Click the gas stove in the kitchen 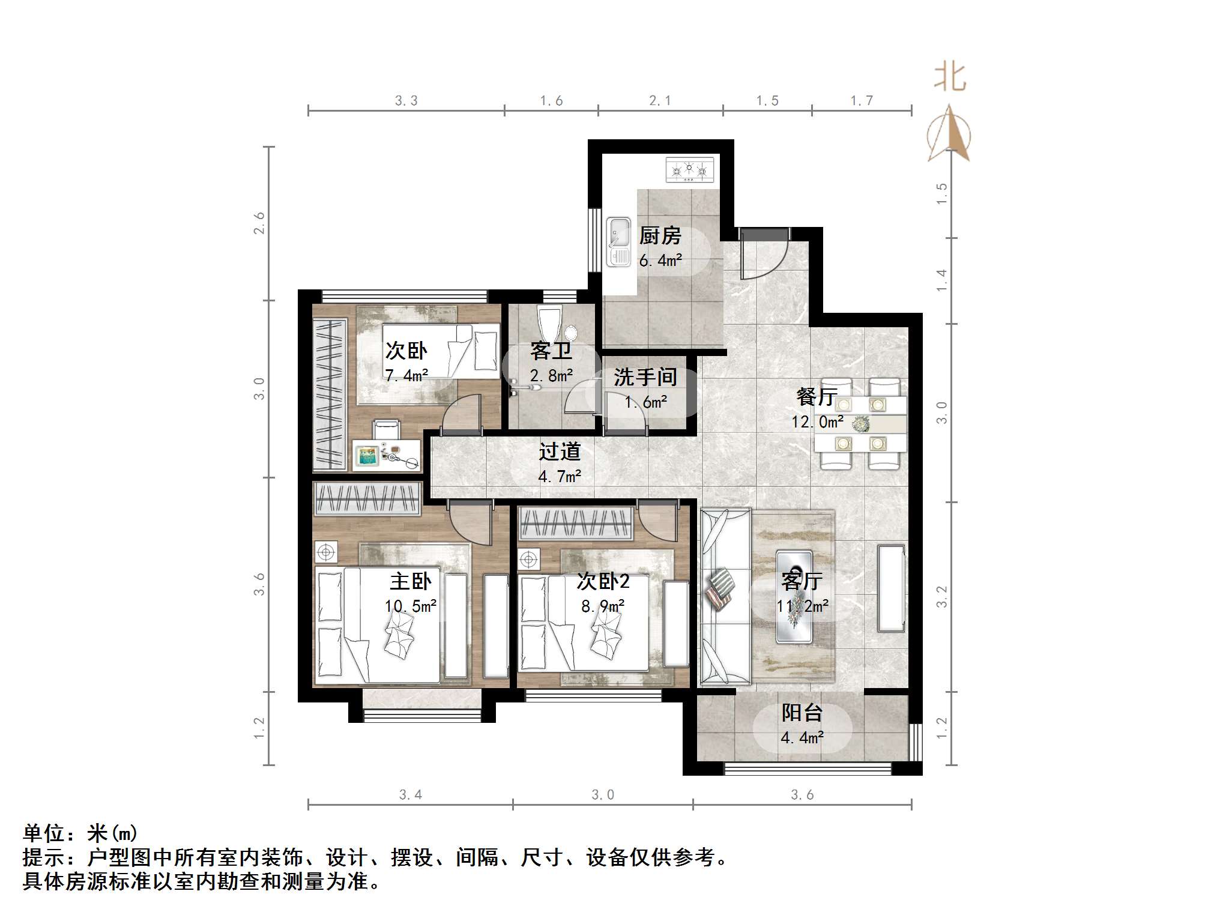pos(690,170)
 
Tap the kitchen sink pos(618,241)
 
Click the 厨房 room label pos(660,236)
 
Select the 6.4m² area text pos(660,261)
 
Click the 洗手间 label pos(645,377)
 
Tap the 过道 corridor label pos(559,451)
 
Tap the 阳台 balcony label pos(802,713)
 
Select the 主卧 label pos(410,581)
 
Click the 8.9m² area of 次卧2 pos(602,606)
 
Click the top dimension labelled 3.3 pos(406,101)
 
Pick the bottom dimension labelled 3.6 pos(802,795)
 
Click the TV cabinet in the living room pos(891,588)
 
